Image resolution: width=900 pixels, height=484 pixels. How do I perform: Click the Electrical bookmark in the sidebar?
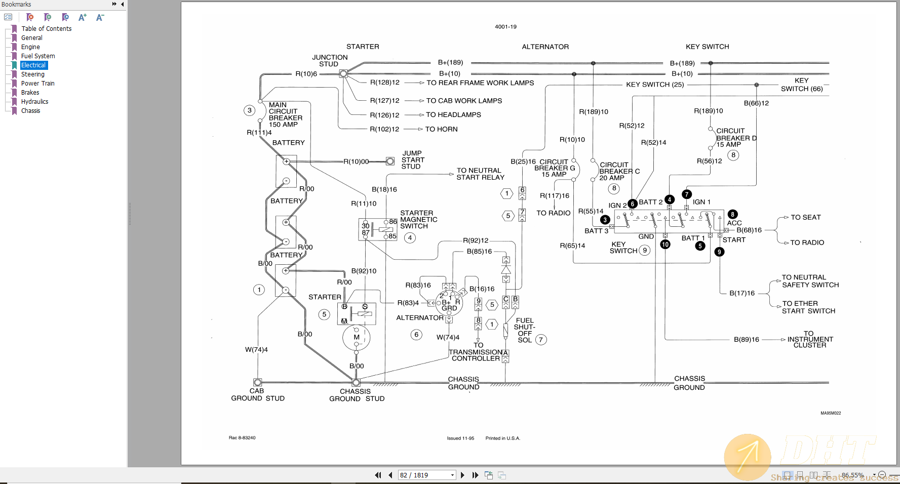(33, 65)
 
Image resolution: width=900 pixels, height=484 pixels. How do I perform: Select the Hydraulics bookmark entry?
(34, 102)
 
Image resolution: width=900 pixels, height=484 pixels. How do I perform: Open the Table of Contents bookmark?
(46, 29)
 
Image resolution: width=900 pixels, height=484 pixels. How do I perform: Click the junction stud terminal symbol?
(343, 73)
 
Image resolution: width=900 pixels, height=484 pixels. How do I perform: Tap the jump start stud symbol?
(390, 161)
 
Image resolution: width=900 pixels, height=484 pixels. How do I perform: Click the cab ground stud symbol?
(258, 382)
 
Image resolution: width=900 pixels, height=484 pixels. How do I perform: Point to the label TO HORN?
(441, 129)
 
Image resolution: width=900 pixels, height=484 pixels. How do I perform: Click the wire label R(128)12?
(384, 83)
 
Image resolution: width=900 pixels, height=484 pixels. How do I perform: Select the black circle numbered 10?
(665, 245)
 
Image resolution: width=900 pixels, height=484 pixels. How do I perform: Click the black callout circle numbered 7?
(687, 194)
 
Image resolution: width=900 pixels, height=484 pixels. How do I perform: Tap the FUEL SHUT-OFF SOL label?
(525, 330)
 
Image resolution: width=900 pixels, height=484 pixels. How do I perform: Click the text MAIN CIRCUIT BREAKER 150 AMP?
(285, 115)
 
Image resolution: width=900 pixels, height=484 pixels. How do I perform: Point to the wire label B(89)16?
(746, 339)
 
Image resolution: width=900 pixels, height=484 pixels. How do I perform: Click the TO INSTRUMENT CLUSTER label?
(810, 339)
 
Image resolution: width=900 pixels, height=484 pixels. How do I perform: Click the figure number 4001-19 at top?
(505, 27)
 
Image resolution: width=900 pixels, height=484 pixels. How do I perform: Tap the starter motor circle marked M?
(357, 337)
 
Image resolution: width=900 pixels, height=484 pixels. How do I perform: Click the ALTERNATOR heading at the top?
(545, 47)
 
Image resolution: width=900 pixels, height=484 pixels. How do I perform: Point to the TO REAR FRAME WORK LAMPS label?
(480, 83)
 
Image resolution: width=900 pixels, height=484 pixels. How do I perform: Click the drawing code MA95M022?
(830, 413)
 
